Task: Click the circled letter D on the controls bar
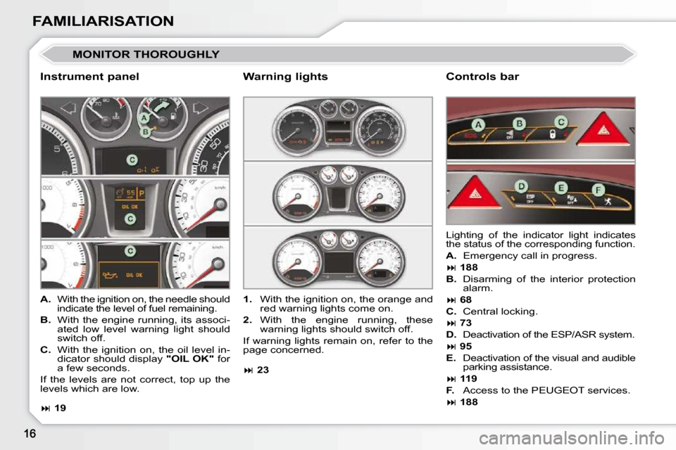(520, 186)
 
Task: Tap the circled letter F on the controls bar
(597, 190)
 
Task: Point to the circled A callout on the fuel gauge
(144, 118)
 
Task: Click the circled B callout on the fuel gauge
(146, 131)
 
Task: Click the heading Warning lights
(285, 77)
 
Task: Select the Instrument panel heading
(89, 77)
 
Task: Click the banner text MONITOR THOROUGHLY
(146, 54)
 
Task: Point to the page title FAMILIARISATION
(103, 21)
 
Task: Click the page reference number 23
(263, 369)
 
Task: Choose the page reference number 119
(469, 379)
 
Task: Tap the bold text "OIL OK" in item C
(186, 359)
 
